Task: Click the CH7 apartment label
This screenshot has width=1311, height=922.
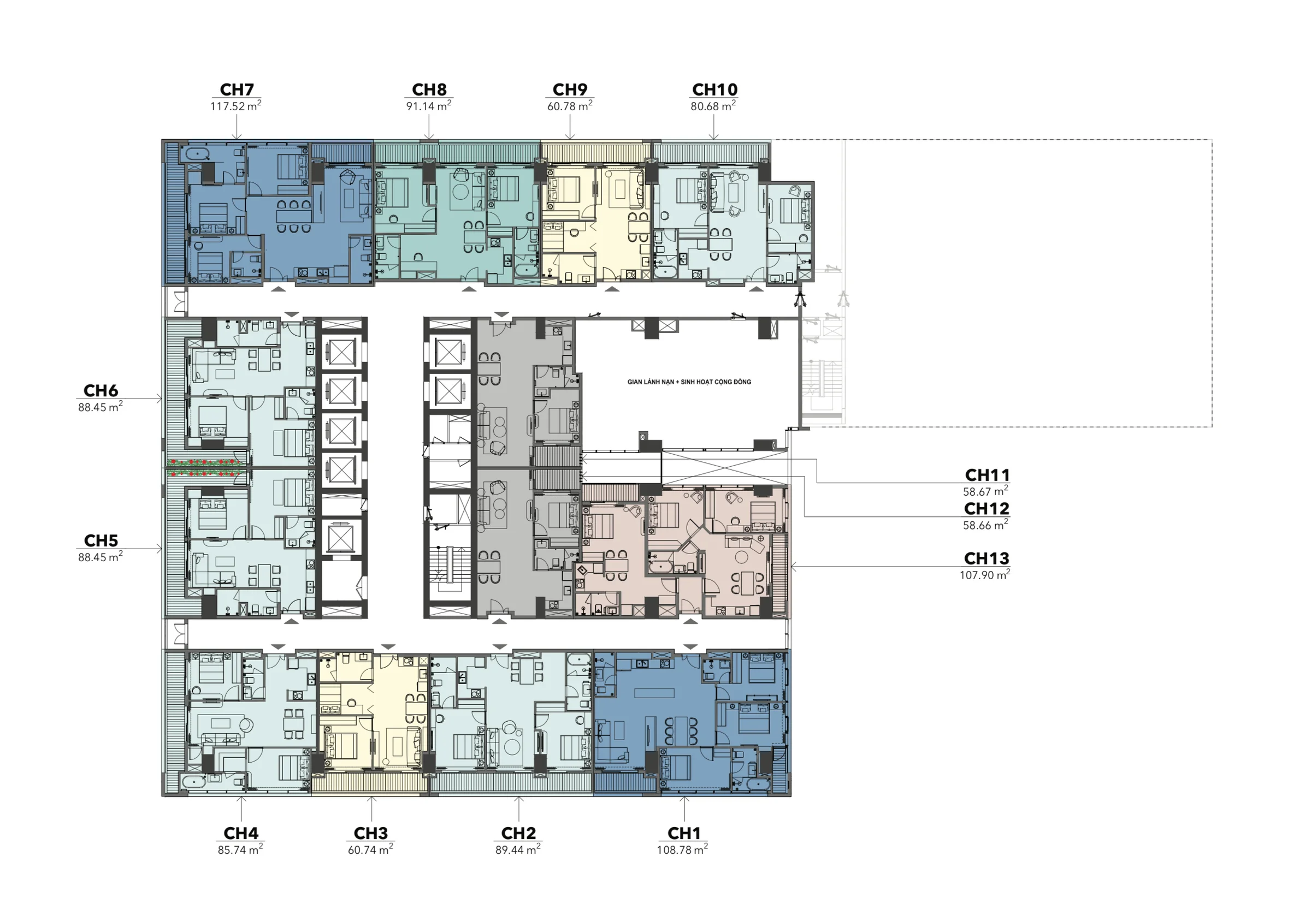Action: tap(237, 90)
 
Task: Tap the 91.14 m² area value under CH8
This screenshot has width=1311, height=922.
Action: tap(429, 105)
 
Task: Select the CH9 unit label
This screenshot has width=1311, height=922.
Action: tap(570, 90)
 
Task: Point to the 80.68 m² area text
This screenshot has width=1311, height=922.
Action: tap(713, 105)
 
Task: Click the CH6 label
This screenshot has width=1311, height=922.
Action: tap(101, 391)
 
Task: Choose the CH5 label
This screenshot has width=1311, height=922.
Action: tap(101, 541)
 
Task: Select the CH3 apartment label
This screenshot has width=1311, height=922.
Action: tap(371, 834)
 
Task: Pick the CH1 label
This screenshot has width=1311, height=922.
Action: tap(684, 834)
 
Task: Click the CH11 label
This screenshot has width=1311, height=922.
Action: tap(987, 475)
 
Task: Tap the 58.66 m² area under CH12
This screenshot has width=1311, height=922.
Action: tap(986, 525)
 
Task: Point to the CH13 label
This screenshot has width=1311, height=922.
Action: tap(987, 558)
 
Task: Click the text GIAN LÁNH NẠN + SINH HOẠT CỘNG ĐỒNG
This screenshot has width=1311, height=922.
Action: tap(689, 382)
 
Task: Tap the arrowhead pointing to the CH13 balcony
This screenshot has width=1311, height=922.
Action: tap(793, 567)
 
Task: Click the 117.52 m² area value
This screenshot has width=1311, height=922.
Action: tap(236, 105)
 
